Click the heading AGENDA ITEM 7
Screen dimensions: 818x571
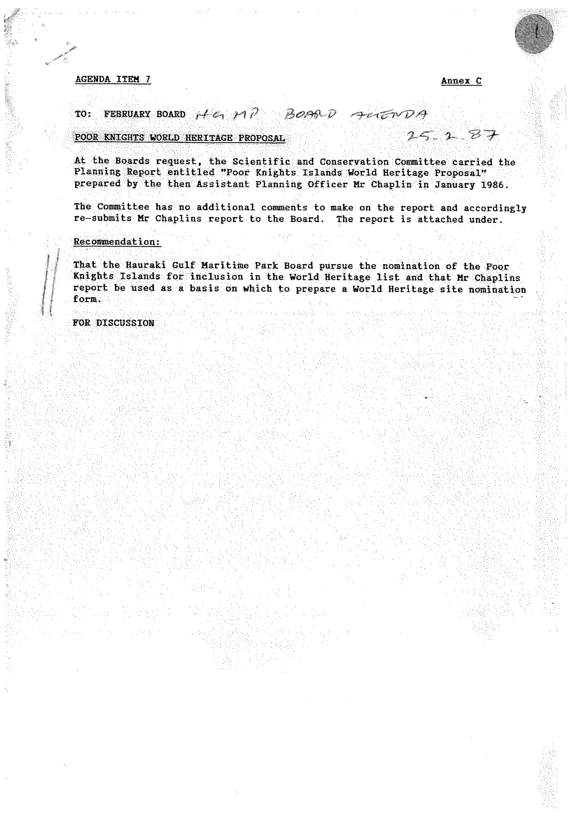[x=113, y=79]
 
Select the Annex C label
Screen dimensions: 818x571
[x=461, y=81]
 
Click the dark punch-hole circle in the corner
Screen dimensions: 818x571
[x=534, y=35]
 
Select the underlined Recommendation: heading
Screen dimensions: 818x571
[x=117, y=242]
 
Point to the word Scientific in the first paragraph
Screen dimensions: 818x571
[x=261, y=161]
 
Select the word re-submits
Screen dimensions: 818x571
[x=103, y=218]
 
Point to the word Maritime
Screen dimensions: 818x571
[x=225, y=266]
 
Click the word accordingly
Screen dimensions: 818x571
[x=494, y=208]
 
